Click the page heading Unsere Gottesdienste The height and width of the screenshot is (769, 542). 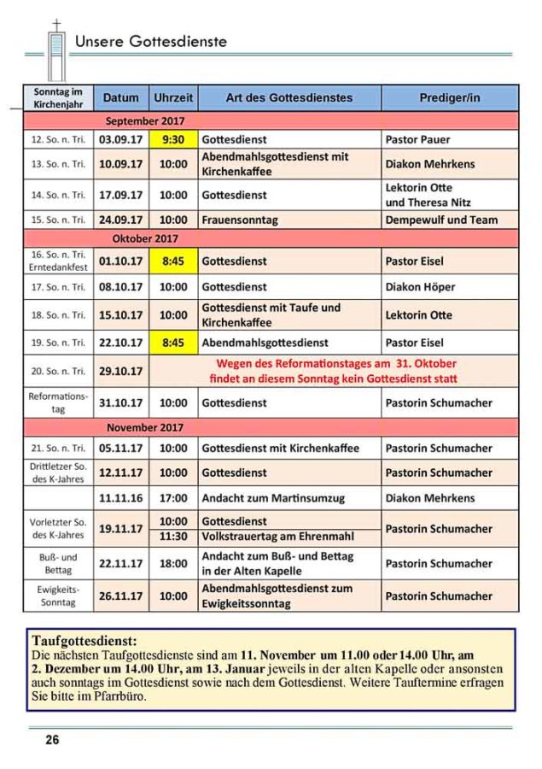[x=150, y=41]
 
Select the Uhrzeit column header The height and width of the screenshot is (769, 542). [x=173, y=97]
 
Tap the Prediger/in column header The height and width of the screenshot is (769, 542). [x=449, y=97]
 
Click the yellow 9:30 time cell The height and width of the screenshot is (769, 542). [x=173, y=139]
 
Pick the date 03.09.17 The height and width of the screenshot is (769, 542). [x=121, y=139]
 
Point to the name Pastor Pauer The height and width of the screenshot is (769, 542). [x=417, y=139]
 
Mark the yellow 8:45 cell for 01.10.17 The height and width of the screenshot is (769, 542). [x=173, y=261]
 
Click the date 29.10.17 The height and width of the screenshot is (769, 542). [x=121, y=371]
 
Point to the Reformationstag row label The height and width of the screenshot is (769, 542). [x=58, y=402]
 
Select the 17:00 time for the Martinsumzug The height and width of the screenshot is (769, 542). [x=173, y=497]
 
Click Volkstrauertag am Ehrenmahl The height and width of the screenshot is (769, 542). [x=277, y=537]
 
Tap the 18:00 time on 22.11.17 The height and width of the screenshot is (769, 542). [x=173, y=564]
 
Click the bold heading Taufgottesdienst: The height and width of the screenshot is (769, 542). [x=84, y=640]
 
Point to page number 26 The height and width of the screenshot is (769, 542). [x=52, y=740]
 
